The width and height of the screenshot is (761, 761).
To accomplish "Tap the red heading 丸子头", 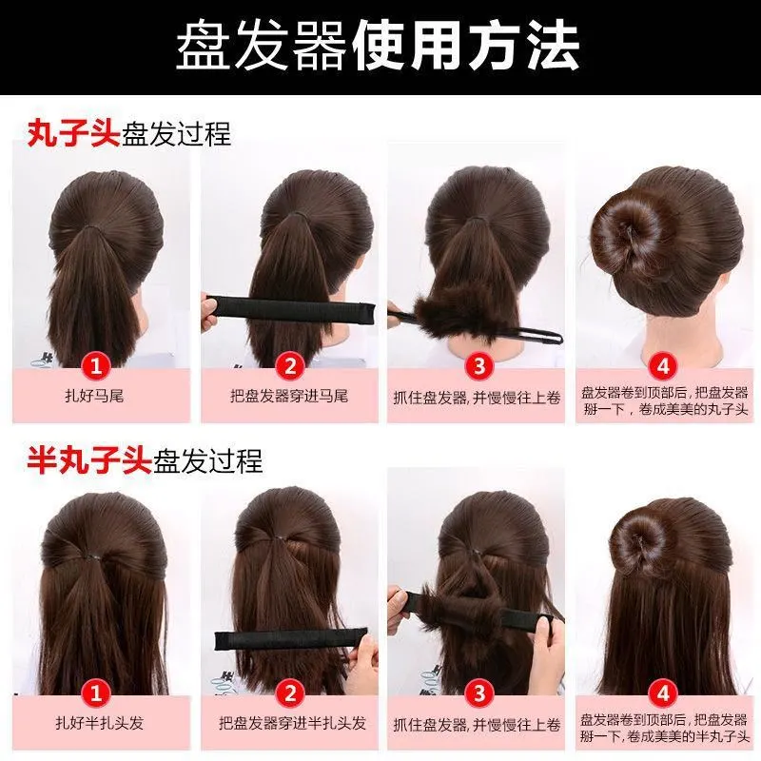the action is click(73, 133).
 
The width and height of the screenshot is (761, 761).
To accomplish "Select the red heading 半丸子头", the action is click(89, 459).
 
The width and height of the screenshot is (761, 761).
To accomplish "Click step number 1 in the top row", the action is click(96, 365).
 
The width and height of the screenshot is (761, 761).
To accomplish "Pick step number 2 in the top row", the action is click(290, 365).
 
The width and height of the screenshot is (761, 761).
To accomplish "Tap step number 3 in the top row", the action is click(478, 365).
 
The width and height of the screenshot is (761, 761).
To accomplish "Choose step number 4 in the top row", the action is click(663, 366).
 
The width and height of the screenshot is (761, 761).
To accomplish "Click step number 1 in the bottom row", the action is click(96, 693).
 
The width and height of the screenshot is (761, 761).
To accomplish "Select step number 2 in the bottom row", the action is click(290, 693).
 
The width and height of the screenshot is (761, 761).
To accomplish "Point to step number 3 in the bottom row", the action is click(478, 693).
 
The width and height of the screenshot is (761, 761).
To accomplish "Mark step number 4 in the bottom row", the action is click(663, 693).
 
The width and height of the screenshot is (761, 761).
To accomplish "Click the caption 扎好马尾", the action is click(94, 396).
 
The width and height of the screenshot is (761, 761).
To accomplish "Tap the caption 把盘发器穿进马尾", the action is click(289, 396).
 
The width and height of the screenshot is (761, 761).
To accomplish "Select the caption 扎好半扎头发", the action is click(100, 723).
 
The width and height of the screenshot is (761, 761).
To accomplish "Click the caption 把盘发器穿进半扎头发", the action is click(292, 723).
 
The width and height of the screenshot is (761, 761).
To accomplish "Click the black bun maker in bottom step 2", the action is click(291, 639).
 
